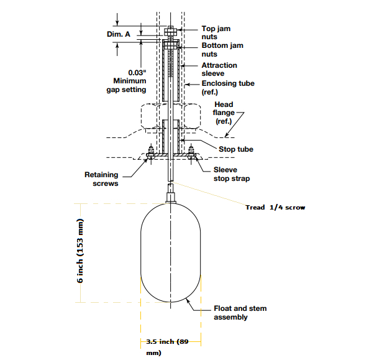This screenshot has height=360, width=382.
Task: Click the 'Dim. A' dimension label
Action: [119, 34]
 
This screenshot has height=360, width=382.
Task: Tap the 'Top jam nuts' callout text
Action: [216, 32]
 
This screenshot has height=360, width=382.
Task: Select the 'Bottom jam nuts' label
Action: [222, 50]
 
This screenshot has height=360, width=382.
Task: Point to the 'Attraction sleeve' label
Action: [219, 69]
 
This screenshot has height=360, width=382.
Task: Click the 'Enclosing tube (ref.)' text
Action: [228, 88]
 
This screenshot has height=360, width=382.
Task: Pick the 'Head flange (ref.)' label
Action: [224, 113]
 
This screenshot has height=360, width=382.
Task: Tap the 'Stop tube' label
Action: [236, 149]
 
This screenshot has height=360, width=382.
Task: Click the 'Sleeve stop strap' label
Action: [232, 174]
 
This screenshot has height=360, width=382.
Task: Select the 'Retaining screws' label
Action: [101, 179]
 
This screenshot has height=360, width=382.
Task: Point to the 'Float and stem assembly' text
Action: [240, 313]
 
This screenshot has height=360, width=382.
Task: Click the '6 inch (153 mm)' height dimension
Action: [80, 251]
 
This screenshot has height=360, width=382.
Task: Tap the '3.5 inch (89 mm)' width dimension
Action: [167, 347]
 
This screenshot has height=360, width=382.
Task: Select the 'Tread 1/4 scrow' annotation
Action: [275, 207]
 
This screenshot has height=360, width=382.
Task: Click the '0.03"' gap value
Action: [137, 73]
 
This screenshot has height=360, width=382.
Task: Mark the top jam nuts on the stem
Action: [170, 30]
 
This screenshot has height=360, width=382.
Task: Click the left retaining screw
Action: [150, 153]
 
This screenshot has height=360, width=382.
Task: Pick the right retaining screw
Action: [191, 153]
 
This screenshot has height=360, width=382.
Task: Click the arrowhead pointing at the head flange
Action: [227, 135]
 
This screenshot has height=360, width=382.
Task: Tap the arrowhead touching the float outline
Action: [188, 301]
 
